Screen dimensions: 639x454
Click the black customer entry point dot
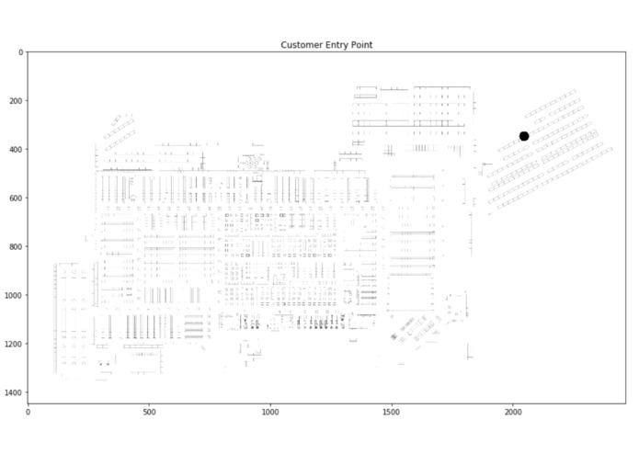click(x=524, y=136)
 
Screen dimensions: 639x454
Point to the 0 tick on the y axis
click(x=21, y=52)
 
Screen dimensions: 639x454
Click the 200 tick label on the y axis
click(x=16, y=100)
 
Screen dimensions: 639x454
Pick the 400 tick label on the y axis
click(x=16, y=150)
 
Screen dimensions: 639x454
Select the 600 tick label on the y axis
click(x=16, y=198)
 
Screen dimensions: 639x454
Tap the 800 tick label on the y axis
click(x=16, y=246)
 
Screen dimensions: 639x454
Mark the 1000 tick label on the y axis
click(x=14, y=295)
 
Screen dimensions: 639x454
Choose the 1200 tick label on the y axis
click(x=14, y=344)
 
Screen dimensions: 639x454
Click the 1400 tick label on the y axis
click(x=14, y=392)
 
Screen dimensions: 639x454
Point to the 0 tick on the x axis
click(x=28, y=412)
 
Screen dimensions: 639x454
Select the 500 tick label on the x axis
click(x=149, y=412)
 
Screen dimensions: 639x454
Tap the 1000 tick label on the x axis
click(x=270, y=412)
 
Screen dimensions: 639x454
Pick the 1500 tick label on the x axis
click(x=392, y=412)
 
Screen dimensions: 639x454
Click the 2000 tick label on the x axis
click(x=513, y=412)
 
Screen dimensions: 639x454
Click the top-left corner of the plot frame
click(x=28, y=52)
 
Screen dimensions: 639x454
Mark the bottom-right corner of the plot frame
click(x=626, y=403)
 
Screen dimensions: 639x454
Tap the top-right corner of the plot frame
click(x=626, y=52)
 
